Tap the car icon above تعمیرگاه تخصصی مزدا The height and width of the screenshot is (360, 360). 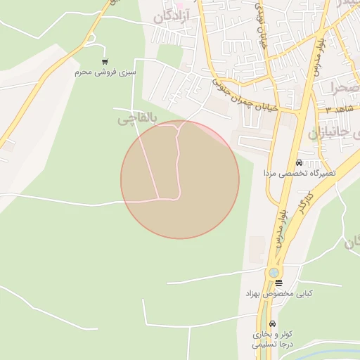tap(300, 162)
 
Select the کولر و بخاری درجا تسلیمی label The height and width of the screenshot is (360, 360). tap(274, 340)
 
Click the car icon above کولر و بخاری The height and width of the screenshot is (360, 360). tap(274, 325)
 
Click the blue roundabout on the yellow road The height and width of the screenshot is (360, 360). tap(274, 273)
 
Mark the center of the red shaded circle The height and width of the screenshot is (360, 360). tap(180, 179)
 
